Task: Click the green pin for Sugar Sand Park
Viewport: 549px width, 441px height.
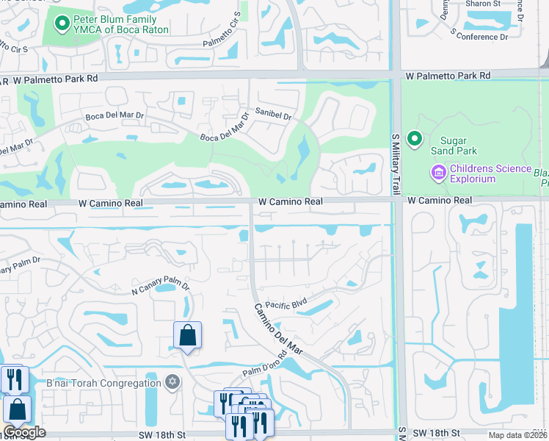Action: coord(415,139)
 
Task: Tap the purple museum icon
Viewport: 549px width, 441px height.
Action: coord(438,173)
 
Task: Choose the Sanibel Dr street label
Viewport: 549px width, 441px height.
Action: coord(274,116)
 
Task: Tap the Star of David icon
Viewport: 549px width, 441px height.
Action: coord(173,382)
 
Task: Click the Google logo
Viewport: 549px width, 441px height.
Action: coord(24,433)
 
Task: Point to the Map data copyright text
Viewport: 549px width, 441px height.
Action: coord(517,435)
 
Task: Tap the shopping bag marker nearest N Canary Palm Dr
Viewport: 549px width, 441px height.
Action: coord(187,336)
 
